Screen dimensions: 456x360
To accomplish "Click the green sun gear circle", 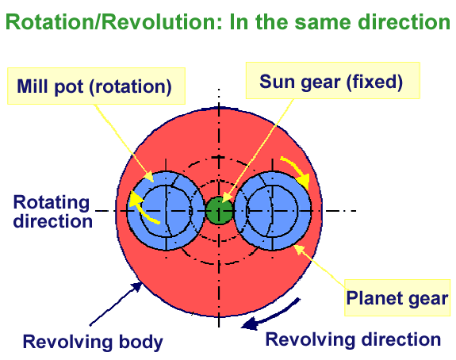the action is pos(220,211).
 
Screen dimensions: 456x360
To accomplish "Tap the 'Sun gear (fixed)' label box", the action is pos(332,81).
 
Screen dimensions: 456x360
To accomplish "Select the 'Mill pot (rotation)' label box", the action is pos(96,86).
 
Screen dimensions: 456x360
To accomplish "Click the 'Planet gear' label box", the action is pos(397,297).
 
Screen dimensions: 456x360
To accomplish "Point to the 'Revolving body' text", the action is pos(93,342).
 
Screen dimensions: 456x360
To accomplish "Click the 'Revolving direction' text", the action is pos(353,339).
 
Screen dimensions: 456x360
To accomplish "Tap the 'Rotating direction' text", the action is pos(52,212).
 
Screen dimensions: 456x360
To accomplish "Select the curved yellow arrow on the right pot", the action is pos(297,170).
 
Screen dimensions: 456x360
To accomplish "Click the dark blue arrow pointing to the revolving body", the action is pos(116,304).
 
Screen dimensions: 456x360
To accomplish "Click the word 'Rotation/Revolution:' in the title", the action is pos(114,22).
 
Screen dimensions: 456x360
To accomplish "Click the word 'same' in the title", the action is pos(323,23).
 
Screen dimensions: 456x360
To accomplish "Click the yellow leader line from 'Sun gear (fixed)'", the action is pos(257,151).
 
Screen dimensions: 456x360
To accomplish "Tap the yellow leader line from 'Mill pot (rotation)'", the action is pos(124,143).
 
